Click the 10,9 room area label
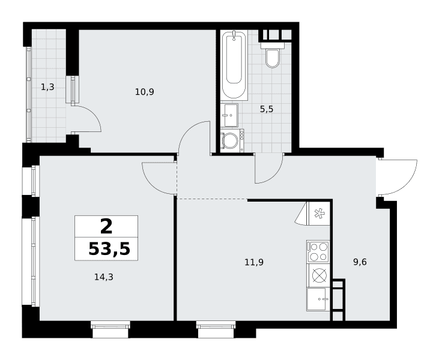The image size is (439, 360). point(145,92)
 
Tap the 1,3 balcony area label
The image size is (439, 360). point(47,87)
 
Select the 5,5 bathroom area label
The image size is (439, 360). point(266,109)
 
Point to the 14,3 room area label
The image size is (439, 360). point(103,277)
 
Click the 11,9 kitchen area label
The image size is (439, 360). point(254,262)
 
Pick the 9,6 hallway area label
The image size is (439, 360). point(360,262)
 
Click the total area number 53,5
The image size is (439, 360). point(109,249)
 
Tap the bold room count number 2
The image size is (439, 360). point(106,226)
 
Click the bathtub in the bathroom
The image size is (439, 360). point(234,65)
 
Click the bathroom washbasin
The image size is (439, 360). point(229,115)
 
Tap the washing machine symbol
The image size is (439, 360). point(232,140)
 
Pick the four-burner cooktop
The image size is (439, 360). point(318,251)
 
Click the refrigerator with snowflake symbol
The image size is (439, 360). point(318,214)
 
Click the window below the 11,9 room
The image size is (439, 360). point(216,329)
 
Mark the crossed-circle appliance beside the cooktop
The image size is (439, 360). point(318,275)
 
